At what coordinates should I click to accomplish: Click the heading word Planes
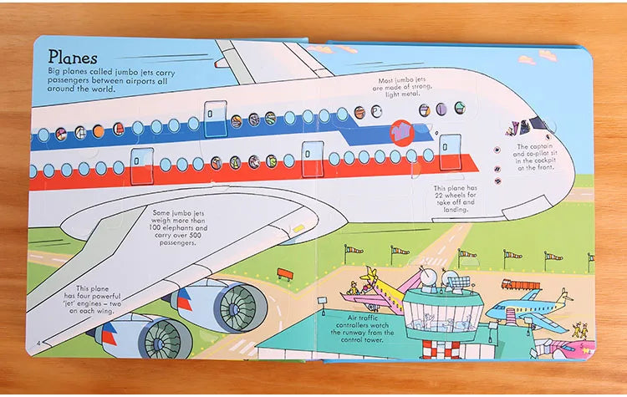pyautogui.click(x=73, y=57)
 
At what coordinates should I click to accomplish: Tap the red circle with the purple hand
pyautogui.click(x=402, y=132)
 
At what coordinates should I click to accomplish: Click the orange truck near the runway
pyautogui.click(x=520, y=285)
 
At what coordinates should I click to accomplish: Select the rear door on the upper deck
pyautogui.click(x=216, y=114)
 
